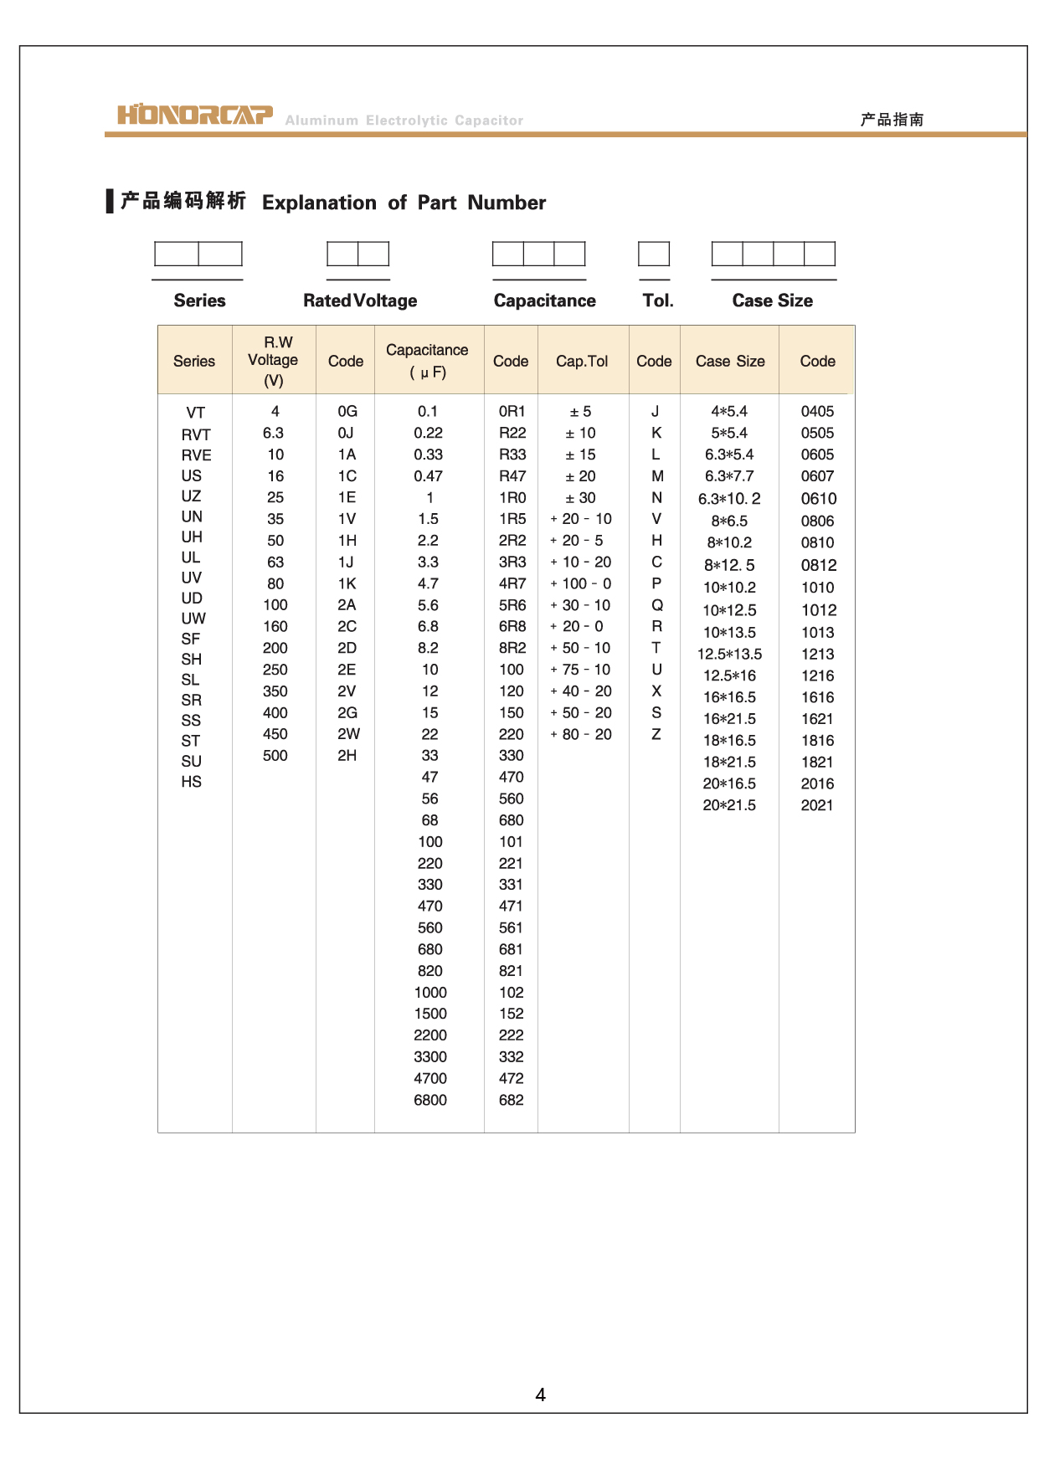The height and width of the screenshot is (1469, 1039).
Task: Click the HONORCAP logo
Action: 195,115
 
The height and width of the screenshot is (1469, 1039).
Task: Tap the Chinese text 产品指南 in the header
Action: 892,120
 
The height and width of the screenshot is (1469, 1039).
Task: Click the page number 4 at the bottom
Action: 540,1395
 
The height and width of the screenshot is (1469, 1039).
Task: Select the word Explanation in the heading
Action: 319,203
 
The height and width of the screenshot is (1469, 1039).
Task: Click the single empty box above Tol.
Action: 654,254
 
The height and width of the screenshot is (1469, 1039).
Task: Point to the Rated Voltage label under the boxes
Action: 360,300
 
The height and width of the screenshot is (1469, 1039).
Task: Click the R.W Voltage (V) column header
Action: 274,361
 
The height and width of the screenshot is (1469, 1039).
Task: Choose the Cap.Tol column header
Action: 582,361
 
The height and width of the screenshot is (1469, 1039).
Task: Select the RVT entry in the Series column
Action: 196,434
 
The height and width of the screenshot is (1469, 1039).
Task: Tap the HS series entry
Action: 192,782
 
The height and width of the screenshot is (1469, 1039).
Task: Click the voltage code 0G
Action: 347,411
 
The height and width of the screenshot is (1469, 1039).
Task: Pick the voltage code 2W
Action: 348,734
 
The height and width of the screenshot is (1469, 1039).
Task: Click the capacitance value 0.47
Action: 429,476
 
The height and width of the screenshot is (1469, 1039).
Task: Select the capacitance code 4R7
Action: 512,583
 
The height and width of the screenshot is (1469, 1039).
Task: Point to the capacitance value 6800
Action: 430,1100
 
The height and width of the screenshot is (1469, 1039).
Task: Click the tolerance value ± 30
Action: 580,498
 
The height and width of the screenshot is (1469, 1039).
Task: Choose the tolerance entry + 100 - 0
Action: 581,583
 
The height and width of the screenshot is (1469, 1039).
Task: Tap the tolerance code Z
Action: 656,734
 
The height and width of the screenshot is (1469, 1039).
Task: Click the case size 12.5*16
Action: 729,675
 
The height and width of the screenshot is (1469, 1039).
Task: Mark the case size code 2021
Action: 817,805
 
